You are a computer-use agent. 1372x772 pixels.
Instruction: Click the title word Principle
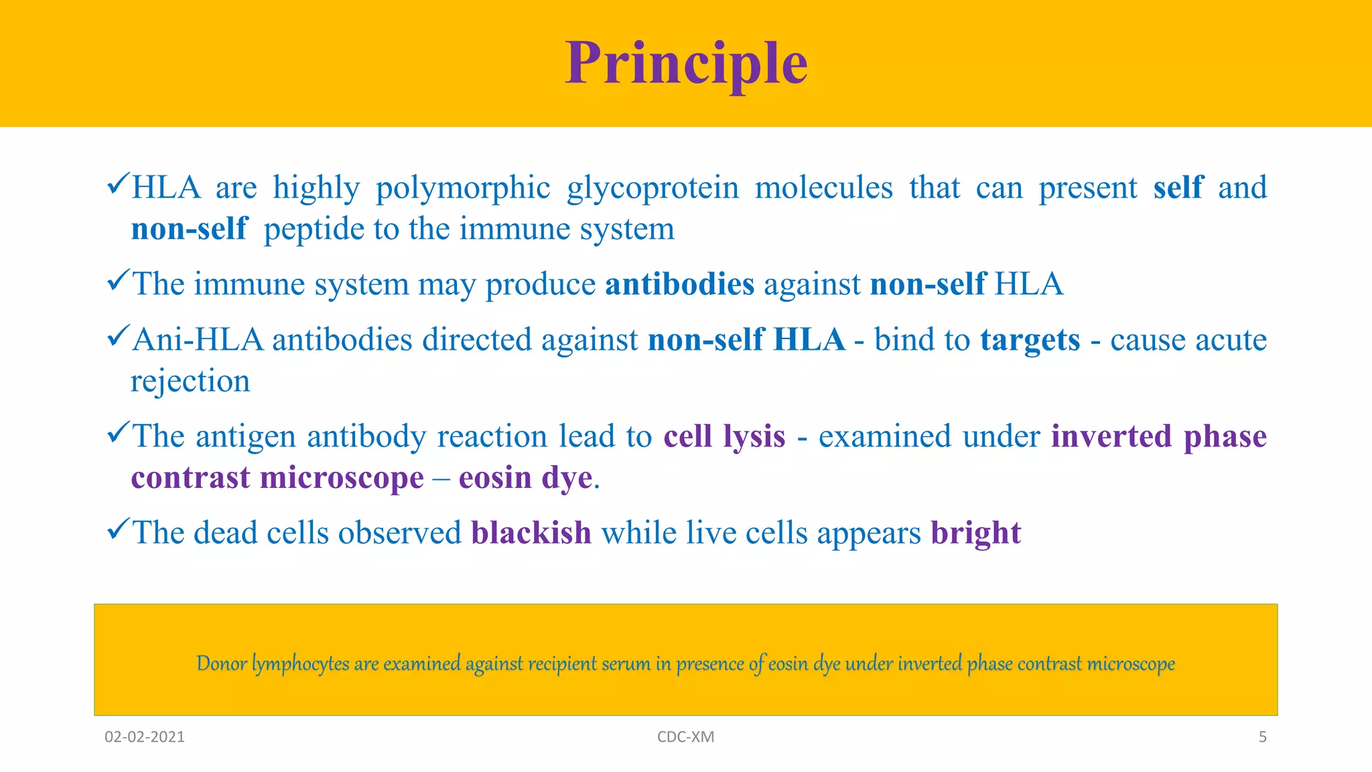point(686,64)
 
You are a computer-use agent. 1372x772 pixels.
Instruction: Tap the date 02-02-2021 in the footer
point(145,737)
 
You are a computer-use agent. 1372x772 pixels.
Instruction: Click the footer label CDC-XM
point(685,737)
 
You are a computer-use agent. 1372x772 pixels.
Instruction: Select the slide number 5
point(1262,737)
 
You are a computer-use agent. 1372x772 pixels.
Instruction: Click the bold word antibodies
point(679,284)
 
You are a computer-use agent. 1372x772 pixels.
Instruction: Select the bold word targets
point(1030,340)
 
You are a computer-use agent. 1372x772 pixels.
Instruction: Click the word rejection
point(190,382)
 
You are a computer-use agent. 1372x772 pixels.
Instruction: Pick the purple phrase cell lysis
point(724,437)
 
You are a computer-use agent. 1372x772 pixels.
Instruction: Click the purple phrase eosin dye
point(526,478)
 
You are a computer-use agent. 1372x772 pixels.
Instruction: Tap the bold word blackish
point(531,533)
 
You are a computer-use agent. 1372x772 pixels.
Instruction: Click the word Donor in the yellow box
point(221,663)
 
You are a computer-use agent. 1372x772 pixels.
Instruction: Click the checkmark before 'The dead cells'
point(117,529)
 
